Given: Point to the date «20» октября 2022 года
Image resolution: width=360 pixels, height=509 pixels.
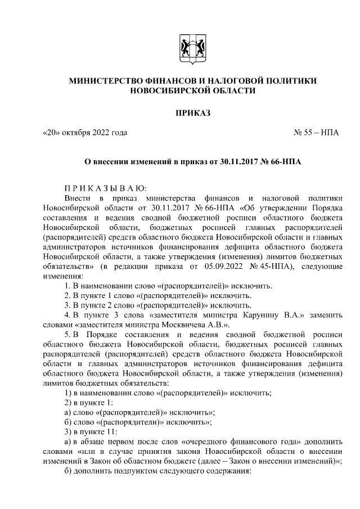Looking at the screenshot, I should point(85,133).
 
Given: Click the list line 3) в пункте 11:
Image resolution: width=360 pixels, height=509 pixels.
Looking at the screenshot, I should point(91,431).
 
